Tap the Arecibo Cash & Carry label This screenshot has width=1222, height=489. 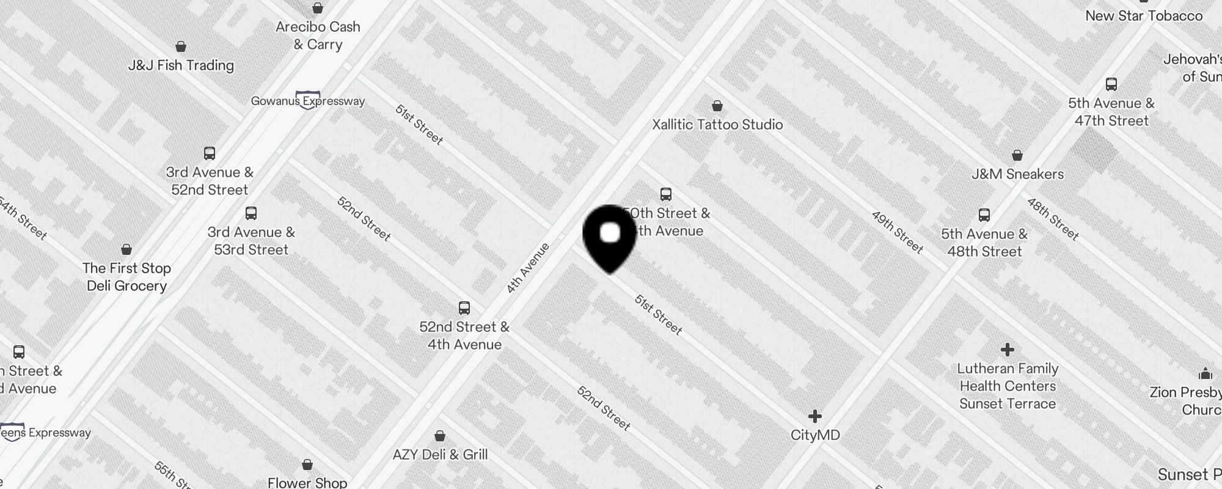(x=318, y=35)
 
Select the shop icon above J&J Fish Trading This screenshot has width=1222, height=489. (x=181, y=47)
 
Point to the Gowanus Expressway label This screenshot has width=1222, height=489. (x=308, y=101)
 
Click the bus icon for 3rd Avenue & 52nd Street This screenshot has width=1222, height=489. (x=210, y=153)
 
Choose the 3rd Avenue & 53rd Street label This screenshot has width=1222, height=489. (x=251, y=241)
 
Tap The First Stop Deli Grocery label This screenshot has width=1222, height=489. (x=127, y=277)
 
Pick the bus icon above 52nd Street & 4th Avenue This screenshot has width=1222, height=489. (x=464, y=307)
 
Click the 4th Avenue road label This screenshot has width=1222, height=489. (x=528, y=268)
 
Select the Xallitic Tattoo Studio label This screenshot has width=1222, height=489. (x=717, y=125)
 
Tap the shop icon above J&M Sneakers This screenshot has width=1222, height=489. (x=1017, y=155)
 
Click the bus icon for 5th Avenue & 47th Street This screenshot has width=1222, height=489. (x=1111, y=85)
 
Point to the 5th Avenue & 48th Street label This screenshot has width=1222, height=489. (x=984, y=243)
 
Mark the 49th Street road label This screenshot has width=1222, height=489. (x=897, y=232)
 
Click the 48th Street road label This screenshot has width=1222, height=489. (x=1052, y=219)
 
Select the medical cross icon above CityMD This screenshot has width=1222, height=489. (x=814, y=416)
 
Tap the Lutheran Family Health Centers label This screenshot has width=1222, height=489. (x=1008, y=386)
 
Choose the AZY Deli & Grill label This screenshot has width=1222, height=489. (x=440, y=455)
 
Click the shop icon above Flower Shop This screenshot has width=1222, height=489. (x=307, y=465)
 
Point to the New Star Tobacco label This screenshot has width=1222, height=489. (x=1144, y=16)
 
